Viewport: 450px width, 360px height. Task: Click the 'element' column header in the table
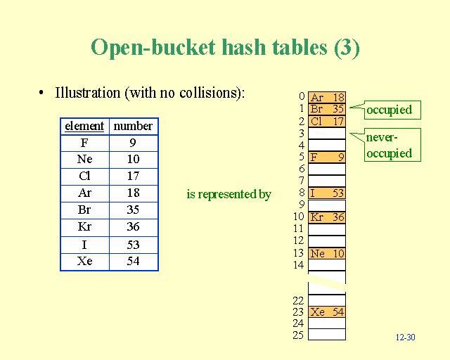click(84, 127)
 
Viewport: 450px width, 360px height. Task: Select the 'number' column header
click(133, 127)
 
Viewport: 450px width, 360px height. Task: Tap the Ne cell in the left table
click(84, 160)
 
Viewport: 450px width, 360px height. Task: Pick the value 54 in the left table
click(133, 262)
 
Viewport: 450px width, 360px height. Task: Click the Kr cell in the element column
click(84, 227)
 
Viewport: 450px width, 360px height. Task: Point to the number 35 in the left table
click(133, 210)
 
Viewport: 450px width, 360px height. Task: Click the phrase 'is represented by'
click(229, 195)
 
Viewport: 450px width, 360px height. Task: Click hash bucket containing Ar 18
click(327, 97)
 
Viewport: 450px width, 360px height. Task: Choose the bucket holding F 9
click(327, 157)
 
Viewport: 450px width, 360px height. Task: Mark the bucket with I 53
click(327, 193)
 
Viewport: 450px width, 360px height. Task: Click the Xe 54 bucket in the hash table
click(327, 311)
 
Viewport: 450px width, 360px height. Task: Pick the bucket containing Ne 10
click(327, 253)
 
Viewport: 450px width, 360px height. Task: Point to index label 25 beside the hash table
click(298, 335)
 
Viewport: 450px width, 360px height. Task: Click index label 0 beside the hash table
click(301, 96)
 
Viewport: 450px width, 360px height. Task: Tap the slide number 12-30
click(405, 337)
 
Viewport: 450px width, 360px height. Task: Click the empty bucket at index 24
click(327, 323)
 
